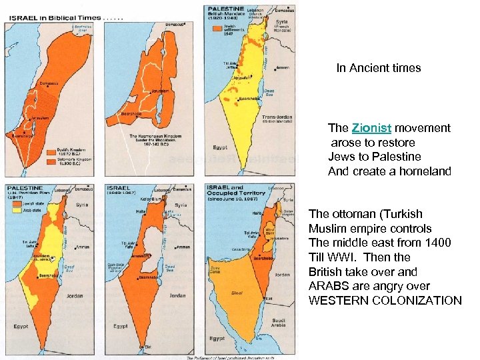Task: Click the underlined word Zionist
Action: (x=371, y=128)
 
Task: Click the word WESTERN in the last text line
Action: (x=338, y=301)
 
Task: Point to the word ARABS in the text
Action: (x=327, y=286)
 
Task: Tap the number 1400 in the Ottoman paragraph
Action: (x=438, y=243)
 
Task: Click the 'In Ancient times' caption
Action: (x=378, y=68)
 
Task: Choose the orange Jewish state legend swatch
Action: (x=15, y=201)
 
